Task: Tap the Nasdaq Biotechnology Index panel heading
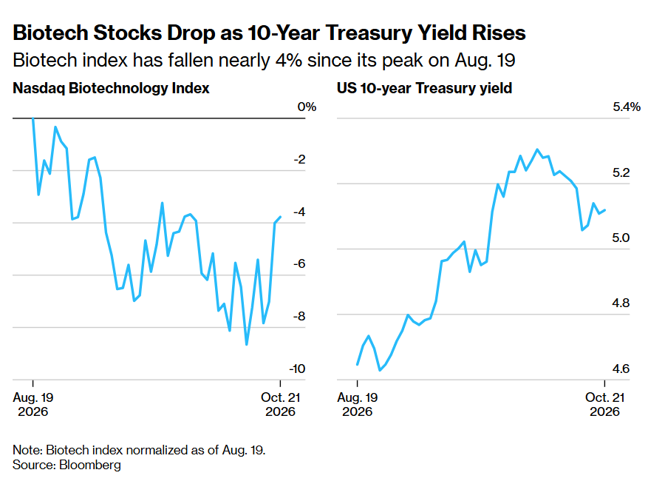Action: click(x=111, y=88)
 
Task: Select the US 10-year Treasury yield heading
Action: click(x=425, y=88)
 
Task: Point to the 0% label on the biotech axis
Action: click(x=307, y=107)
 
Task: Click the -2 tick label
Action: click(x=299, y=159)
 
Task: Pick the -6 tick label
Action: click(x=299, y=264)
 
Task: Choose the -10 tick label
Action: click(x=297, y=369)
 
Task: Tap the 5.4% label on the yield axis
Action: click(x=627, y=107)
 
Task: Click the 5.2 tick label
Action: click(x=621, y=172)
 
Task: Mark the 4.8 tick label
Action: click(x=621, y=303)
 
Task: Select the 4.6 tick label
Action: click(x=621, y=369)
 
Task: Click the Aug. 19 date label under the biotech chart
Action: click(x=33, y=404)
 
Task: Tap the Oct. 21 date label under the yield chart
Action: click(x=604, y=404)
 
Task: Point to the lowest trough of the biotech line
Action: click(x=246, y=344)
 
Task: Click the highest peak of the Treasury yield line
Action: click(x=537, y=149)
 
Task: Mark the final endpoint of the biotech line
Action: click(x=280, y=217)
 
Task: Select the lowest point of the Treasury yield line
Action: click(x=380, y=370)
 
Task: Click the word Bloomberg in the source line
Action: click(x=90, y=465)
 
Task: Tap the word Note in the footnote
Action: click(x=27, y=450)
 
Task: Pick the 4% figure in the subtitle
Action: click(x=288, y=60)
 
